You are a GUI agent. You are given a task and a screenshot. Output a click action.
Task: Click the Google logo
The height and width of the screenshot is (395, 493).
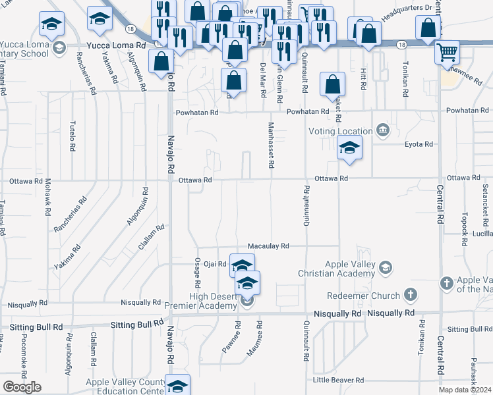click(22, 387)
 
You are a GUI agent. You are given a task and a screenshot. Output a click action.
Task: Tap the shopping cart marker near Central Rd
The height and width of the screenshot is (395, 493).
click(448, 52)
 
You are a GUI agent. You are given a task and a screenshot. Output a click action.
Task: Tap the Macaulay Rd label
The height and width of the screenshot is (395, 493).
click(268, 246)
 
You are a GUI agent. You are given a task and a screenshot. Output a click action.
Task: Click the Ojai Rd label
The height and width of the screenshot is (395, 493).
click(214, 263)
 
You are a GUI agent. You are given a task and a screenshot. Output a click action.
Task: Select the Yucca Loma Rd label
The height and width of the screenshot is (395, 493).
click(116, 46)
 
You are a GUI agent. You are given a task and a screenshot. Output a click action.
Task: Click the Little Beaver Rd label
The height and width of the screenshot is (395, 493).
click(338, 380)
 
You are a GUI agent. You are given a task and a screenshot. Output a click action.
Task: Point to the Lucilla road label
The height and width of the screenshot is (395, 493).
click(482, 234)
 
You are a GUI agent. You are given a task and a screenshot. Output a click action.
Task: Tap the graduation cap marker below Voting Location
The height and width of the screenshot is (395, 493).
click(349, 148)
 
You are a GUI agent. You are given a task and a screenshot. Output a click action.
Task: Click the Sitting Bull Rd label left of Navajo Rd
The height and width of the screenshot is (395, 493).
click(136, 324)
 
